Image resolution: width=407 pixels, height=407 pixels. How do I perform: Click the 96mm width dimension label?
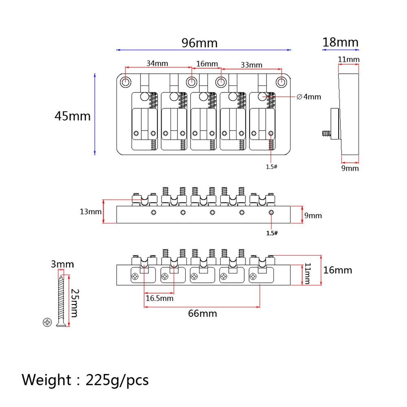[199, 43]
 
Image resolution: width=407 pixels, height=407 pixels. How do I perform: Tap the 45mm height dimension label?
[72, 116]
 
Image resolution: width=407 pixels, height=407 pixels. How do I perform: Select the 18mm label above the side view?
[340, 42]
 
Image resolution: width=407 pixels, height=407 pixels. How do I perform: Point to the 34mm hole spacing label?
[157, 63]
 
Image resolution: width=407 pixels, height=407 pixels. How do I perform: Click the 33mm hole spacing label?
[252, 65]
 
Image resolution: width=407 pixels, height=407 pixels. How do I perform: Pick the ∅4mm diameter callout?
[309, 97]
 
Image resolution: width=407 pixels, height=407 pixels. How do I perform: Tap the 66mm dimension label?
[202, 313]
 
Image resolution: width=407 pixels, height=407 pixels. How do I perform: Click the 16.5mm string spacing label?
[160, 298]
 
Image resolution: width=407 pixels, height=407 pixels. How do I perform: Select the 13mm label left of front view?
[91, 211]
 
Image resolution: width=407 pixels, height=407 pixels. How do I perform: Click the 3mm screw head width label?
[62, 265]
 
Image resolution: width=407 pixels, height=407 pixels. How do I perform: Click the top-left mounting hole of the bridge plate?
[126, 82]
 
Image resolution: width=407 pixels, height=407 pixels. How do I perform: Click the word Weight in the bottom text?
[46, 380]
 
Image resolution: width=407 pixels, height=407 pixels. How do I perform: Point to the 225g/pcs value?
[117, 380]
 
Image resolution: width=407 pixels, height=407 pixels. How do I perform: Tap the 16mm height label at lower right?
[338, 270]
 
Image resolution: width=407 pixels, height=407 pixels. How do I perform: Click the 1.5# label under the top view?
[271, 167]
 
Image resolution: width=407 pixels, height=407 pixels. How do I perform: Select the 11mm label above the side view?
[349, 59]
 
